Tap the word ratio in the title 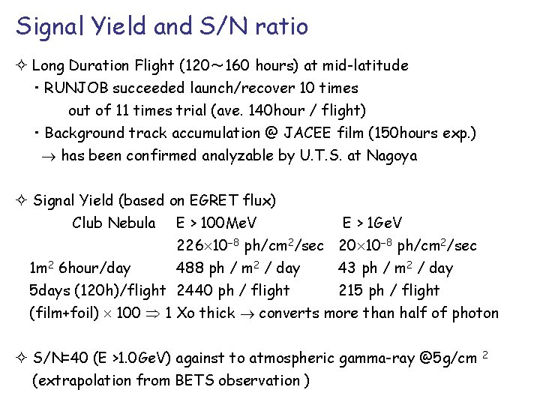coord(282,27)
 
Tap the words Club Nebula coord(114,223)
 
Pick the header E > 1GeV coord(372,223)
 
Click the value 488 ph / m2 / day coord(238,268)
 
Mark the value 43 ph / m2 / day coord(395,268)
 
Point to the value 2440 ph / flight coord(232,290)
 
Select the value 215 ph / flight coord(389,290)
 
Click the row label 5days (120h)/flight coord(97,290)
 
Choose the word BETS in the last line coord(194,380)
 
